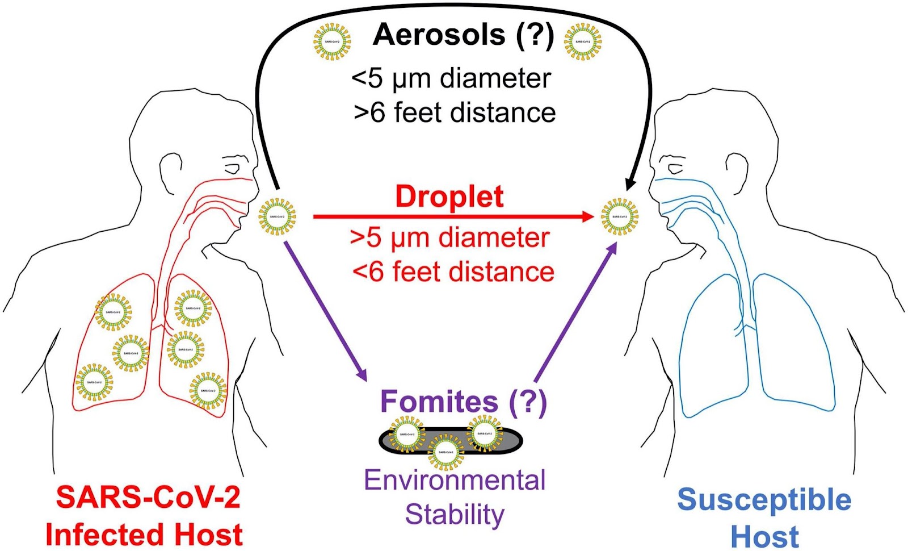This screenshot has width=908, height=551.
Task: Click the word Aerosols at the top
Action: pos(439,35)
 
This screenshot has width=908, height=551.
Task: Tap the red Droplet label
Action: pos(449,197)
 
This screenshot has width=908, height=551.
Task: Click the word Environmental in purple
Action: pos(455,481)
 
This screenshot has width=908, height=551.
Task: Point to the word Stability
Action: pos(455,515)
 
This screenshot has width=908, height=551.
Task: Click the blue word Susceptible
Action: pos(764,500)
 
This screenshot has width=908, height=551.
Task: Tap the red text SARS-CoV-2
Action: pos(148,498)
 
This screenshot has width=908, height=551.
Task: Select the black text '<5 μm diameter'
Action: pos(451,78)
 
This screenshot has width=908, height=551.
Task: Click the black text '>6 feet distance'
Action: pos(455,112)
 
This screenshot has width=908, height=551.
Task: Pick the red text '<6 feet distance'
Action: pos(453,272)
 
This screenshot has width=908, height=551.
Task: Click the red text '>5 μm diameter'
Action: pos(450,237)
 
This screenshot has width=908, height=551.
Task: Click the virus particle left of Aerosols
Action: pos(332,42)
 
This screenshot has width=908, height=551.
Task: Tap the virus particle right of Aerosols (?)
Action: pos(583,42)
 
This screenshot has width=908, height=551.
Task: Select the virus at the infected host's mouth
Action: pos(277,216)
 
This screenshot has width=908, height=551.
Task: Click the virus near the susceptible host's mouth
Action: pos(620,216)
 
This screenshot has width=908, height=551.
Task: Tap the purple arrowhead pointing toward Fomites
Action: pos(361,375)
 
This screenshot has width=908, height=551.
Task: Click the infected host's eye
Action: pos(233,169)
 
